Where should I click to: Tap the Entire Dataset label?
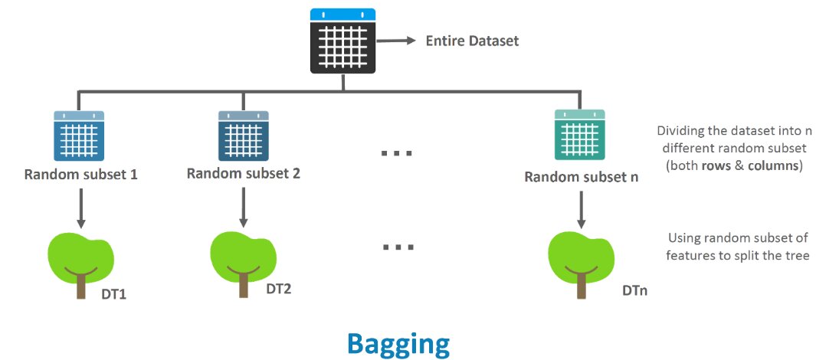[472, 41]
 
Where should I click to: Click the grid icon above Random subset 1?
[79, 135]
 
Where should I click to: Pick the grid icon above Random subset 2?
[243, 135]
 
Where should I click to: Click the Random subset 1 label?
[80, 174]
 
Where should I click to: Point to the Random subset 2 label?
[243, 173]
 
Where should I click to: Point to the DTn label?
[636, 292]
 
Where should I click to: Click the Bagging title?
[398, 343]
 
